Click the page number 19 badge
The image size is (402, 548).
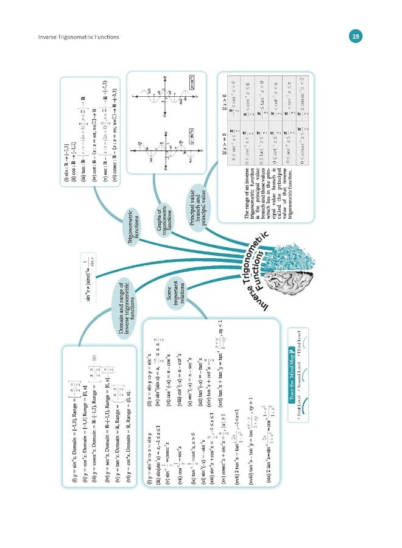(356, 37)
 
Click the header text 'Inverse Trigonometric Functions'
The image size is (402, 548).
(78, 38)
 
